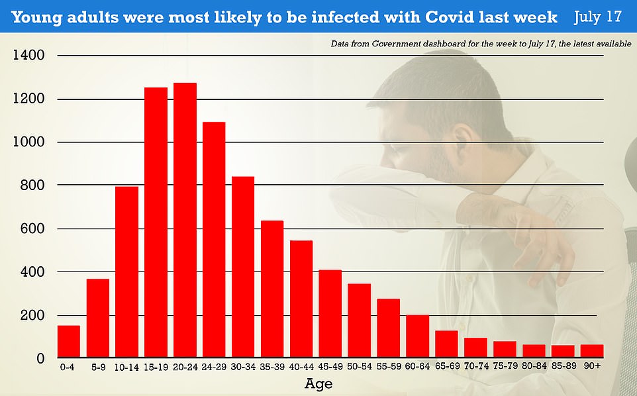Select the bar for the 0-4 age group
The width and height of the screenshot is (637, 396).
pos(69,342)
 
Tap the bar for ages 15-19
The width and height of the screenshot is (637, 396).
pos(156,223)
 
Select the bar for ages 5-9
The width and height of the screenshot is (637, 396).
pos(98,319)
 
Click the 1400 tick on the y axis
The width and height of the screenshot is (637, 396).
pos(28,56)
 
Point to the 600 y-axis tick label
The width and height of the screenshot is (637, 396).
pos(32,229)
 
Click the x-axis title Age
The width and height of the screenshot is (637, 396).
pos(318,384)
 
